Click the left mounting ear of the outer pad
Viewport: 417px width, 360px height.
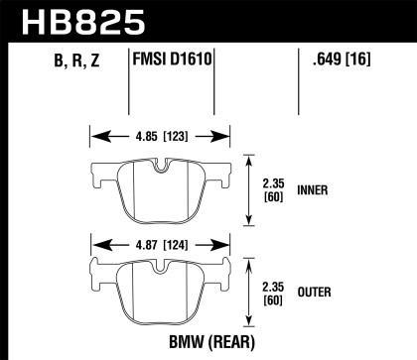[97, 271]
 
